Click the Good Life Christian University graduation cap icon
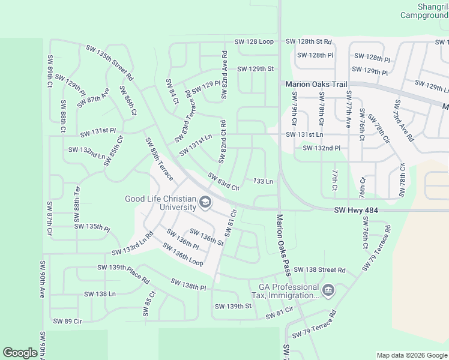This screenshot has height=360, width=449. click(205, 203)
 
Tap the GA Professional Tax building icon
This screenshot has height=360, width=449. click(328, 291)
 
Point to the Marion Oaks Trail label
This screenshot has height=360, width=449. click(316, 85)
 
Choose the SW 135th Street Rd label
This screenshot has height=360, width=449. click(109, 62)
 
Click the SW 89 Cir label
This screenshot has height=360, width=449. click(67, 321)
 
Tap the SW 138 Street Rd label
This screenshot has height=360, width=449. click(320, 271)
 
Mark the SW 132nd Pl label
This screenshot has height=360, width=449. click(321, 148)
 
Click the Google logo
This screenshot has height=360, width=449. click(20, 353)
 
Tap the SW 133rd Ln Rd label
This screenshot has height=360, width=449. click(132, 244)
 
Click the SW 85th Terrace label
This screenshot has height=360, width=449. click(159, 159)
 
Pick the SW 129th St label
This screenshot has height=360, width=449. click(255, 69)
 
